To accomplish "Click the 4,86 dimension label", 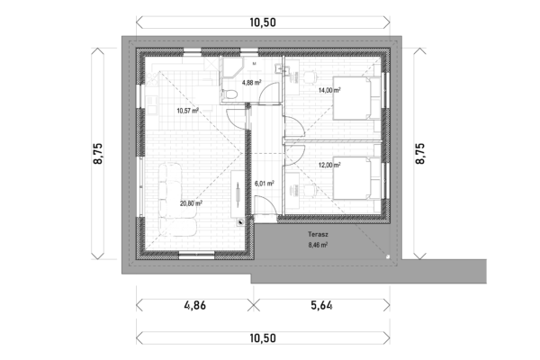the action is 195,305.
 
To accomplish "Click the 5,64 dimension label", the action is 321,305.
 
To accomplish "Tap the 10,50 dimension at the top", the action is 263,22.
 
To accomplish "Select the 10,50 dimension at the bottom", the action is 263,338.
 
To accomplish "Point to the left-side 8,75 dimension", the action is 98,154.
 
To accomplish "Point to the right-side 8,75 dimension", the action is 420,154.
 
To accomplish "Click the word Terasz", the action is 318,235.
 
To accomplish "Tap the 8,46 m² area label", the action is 318,245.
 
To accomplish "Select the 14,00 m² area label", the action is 329,90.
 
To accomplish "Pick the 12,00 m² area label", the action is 329,165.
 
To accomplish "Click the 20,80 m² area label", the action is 191,203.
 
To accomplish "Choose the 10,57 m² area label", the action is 188,111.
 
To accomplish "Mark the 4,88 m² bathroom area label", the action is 251,82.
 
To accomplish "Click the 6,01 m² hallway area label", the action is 264,184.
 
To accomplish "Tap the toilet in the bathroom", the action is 229,94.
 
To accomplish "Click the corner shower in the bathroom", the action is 232,69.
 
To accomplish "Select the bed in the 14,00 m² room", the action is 357,98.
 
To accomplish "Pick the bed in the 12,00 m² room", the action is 357,178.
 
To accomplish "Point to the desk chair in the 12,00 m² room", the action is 310,190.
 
